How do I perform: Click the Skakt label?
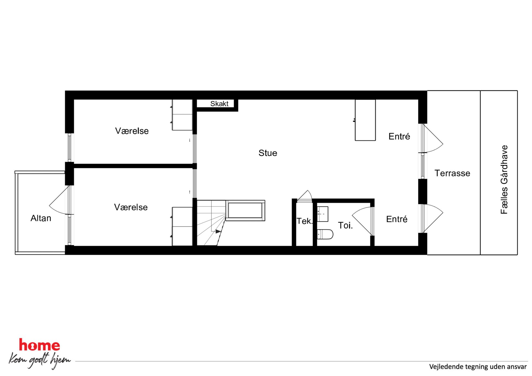[219, 104]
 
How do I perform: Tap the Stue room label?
[268, 153]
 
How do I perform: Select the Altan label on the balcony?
[41, 218]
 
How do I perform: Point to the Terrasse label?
[452, 173]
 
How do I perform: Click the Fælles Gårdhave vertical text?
[504, 180]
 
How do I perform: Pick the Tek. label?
[305, 221]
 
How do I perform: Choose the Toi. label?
[345, 225]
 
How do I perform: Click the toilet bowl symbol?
[325, 234]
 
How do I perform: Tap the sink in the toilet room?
[323, 214]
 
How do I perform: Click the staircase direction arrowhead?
[218, 231]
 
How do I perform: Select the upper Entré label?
[399, 136]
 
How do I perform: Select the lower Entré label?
[397, 219]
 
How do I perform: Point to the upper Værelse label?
[132, 131]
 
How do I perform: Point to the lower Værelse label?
[131, 207]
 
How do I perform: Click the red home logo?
[39, 345]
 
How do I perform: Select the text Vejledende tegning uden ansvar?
[478, 367]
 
